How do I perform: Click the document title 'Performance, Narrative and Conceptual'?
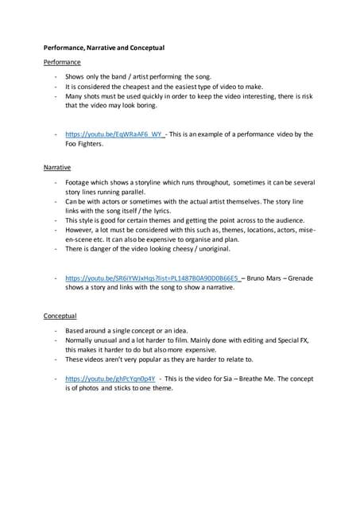coord(103,48)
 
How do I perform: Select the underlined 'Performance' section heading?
coord(61,61)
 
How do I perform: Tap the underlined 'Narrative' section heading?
coord(57,168)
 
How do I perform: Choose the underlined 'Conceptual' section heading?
coord(60,317)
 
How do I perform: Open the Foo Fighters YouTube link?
coord(106,134)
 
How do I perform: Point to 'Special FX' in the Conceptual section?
coord(292,340)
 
